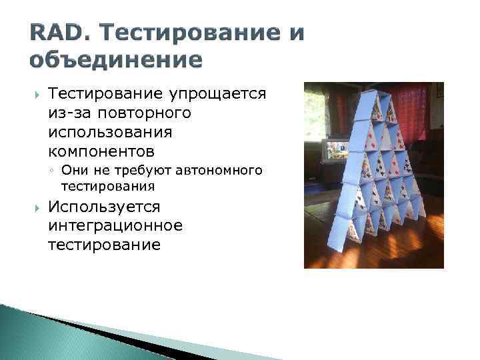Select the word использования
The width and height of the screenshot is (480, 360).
(x=111, y=132)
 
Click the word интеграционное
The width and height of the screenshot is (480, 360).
(x=115, y=226)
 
